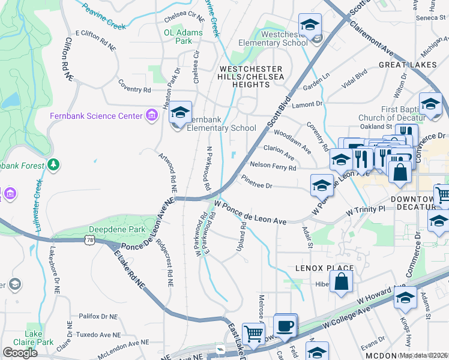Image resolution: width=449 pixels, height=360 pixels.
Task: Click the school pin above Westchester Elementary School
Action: [310, 26]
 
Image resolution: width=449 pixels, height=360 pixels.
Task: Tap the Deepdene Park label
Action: [116, 230]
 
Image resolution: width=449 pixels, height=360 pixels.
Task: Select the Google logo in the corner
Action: [20, 353]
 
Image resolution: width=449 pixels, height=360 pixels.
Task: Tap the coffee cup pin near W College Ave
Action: [285, 326]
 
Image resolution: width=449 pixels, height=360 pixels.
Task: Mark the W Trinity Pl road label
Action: [365, 210]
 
